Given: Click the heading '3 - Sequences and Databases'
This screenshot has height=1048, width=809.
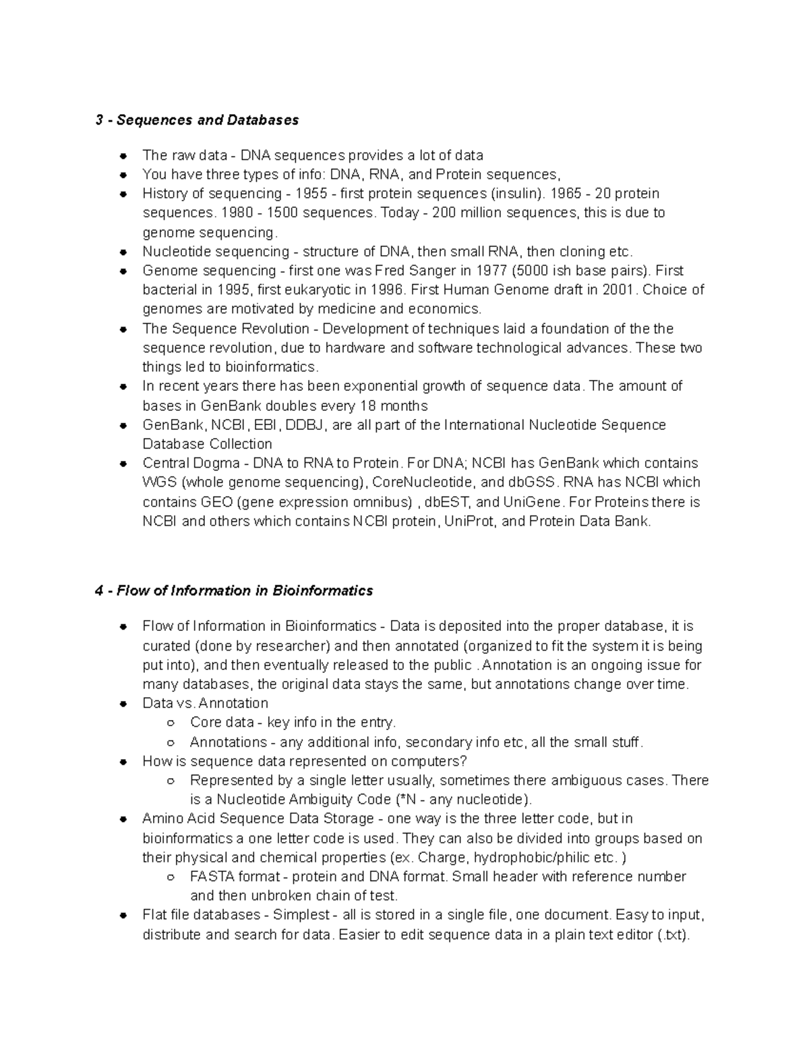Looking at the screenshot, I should [197, 120].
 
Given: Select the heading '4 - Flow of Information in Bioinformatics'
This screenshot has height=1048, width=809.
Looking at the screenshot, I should [234, 590].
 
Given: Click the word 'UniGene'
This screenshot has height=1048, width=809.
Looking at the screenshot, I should [537, 502].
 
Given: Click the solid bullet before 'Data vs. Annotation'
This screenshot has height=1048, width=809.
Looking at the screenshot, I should [123, 703].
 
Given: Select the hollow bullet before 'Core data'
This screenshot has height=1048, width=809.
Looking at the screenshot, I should [171, 723].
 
